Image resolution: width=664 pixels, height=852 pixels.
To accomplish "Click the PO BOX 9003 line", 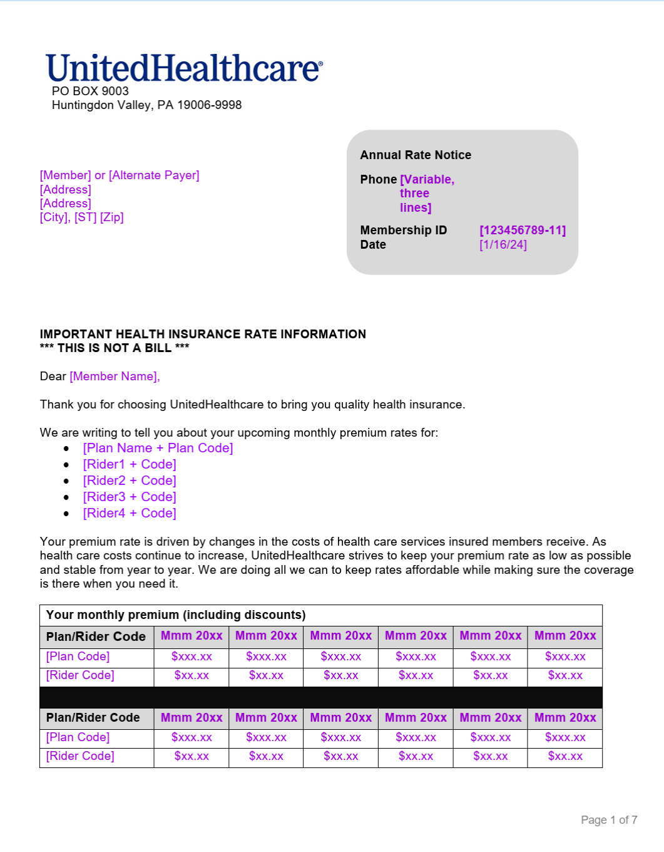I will (x=90, y=91).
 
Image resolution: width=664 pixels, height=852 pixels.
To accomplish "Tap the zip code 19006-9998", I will (x=209, y=105).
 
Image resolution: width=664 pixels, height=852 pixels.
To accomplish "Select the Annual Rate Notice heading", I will (x=416, y=155).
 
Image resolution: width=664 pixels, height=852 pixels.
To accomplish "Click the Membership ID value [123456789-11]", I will (x=523, y=231).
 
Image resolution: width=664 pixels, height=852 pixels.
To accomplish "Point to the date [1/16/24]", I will (x=503, y=245).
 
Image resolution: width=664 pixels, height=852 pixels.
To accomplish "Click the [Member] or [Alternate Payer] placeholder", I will (x=120, y=175).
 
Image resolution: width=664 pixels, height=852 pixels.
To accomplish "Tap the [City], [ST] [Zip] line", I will (x=82, y=217).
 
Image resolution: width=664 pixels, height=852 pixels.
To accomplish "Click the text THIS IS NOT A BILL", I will (x=115, y=348).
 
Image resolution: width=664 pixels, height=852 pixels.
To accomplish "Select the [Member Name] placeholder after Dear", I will (x=115, y=377).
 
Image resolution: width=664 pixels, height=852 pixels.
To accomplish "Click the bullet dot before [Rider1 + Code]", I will (x=66, y=465).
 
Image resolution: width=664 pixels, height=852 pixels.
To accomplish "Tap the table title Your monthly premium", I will (x=176, y=615).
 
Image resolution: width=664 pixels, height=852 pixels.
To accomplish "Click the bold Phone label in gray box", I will (x=378, y=180).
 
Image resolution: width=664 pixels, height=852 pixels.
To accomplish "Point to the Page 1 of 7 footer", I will (x=609, y=820).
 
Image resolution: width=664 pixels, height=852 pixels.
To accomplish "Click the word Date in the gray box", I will (x=373, y=245).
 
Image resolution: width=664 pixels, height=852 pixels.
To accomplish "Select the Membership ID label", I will (x=404, y=231).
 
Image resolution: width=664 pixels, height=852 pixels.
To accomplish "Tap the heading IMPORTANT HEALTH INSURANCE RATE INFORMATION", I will (x=203, y=335).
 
